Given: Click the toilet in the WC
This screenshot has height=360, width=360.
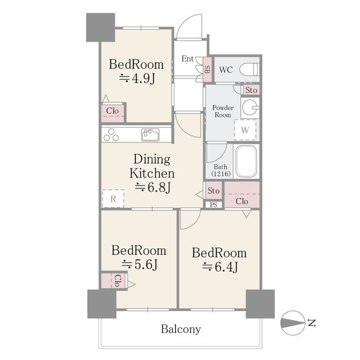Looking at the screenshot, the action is click(x=249, y=69).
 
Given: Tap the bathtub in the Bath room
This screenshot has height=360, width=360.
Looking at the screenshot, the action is click(x=246, y=161).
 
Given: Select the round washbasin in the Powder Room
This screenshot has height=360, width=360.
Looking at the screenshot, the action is click(x=250, y=107).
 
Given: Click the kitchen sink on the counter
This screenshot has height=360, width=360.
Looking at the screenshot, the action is click(x=150, y=134).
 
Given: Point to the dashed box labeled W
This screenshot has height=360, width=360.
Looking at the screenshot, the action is click(x=245, y=130).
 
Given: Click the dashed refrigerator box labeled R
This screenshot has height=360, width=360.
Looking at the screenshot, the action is click(x=113, y=199).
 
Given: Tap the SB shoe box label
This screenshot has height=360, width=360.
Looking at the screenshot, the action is click(x=208, y=69).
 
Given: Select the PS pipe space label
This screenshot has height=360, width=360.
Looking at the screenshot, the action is click(x=214, y=205).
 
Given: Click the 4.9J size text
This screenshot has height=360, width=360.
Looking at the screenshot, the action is click(x=137, y=79).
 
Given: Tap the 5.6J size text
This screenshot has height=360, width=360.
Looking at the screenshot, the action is click(x=139, y=264).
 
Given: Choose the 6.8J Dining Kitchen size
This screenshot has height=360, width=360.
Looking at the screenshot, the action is click(x=152, y=187).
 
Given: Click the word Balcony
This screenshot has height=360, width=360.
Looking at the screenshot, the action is click(x=181, y=329).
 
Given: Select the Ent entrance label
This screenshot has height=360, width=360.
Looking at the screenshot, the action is click(x=187, y=58).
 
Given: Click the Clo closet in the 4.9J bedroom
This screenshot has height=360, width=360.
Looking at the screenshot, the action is click(x=112, y=111).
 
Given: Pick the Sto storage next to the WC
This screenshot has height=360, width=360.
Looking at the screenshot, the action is click(x=251, y=90).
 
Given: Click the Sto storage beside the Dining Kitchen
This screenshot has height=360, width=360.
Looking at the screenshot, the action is click(x=214, y=191).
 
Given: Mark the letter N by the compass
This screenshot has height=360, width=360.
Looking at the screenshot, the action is click(x=311, y=323).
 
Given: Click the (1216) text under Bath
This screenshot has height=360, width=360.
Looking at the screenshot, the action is click(x=221, y=174).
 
